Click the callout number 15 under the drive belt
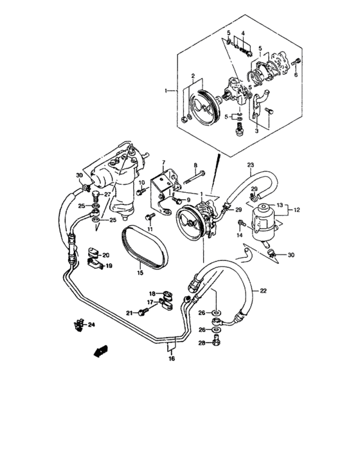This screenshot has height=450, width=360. tap(139, 273)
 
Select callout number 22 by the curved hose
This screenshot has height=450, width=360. tap(262, 291)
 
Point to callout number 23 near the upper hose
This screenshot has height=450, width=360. tap(251, 165)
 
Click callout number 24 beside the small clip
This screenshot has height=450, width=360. tap(91, 325)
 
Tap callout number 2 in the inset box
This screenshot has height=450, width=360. tap(192, 77)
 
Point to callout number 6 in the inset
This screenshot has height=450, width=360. tap(296, 75)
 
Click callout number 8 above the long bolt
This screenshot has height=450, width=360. tap(195, 166)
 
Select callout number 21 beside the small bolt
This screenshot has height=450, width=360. tap(129, 313)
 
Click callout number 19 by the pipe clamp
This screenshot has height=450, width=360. tap(109, 265)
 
